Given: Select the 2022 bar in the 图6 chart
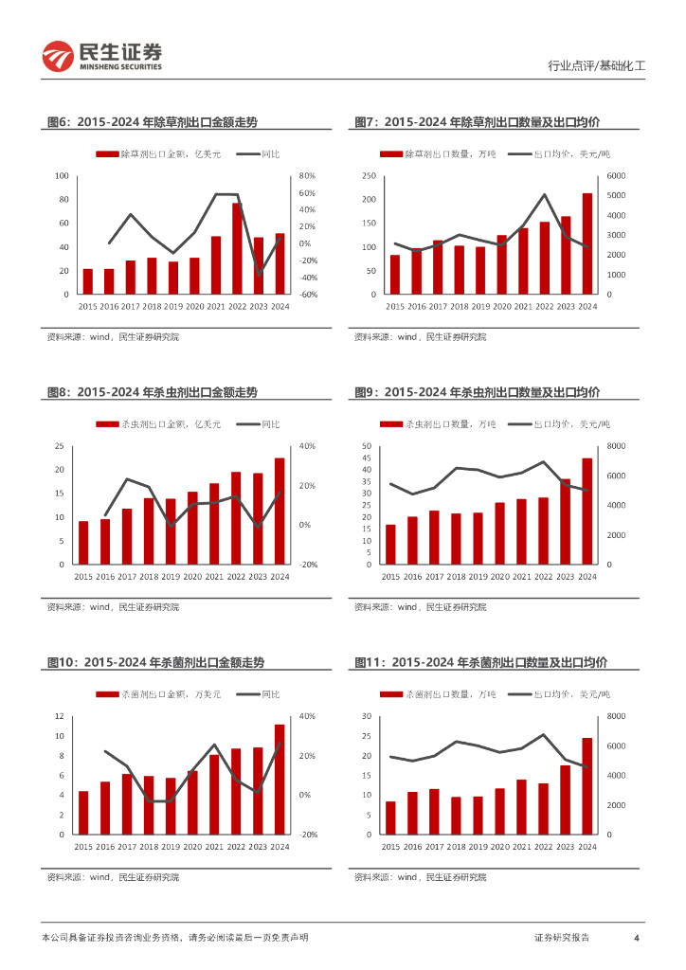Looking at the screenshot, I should pyautogui.click(x=238, y=249).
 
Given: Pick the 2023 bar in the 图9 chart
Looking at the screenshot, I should pyautogui.click(x=566, y=522).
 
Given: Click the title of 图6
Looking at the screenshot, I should pyautogui.click(x=152, y=122).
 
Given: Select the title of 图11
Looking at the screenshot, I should pyautogui.click(x=480, y=663).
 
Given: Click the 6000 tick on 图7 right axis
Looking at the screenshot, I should pyautogui.click(x=616, y=176).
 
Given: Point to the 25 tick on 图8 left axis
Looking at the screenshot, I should pyautogui.click(x=59, y=446).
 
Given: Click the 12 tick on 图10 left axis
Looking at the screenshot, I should pyautogui.click(x=59, y=716).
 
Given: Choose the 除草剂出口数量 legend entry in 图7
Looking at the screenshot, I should pyautogui.click(x=437, y=154).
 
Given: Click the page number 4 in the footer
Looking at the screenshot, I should pyautogui.click(x=637, y=938).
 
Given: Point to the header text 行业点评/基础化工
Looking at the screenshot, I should pyautogui.click(x=597, y=66).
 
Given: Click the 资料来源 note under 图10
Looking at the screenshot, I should pyautogui.click(x=113, y=877).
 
